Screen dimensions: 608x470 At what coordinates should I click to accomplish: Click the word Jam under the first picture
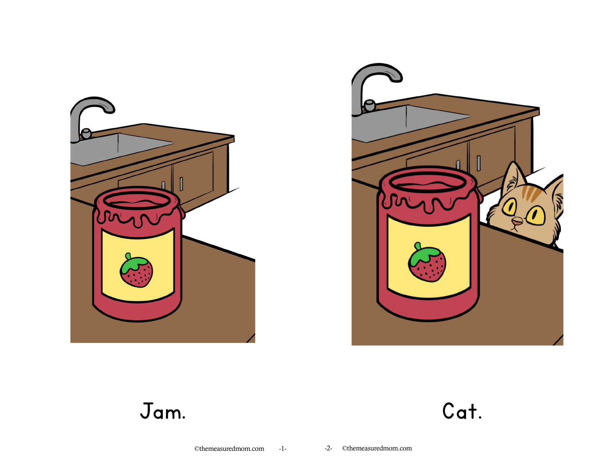(162, 410)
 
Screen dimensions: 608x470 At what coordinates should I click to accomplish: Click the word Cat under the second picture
(462, 410)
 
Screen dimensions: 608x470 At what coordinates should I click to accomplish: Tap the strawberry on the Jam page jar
(137, 270)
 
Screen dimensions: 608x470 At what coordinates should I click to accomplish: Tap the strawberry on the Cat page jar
(426, 262)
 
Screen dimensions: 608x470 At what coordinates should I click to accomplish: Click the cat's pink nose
(517, 222)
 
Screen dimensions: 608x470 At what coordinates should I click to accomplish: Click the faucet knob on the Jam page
(86, 133)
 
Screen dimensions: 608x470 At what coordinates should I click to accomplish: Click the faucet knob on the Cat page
(370, 106)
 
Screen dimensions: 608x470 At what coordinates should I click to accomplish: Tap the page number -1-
(283, 449)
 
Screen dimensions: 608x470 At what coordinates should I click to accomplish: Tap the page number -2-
(328, 448)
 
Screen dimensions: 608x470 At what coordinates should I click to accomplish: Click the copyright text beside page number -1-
(229, 449)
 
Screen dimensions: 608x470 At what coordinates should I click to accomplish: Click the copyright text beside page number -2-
(377, 448)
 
